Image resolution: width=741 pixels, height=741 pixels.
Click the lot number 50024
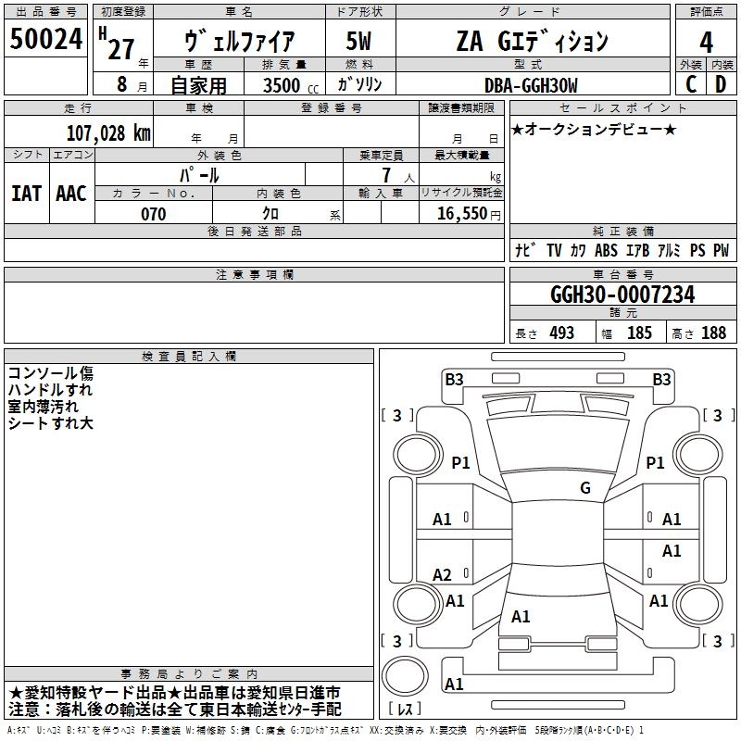click(46, 40)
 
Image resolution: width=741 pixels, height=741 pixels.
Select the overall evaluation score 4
click(707, 42)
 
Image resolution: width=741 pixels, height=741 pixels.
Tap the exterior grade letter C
click(691, 84)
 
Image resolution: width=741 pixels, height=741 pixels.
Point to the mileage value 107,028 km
click(108, 132)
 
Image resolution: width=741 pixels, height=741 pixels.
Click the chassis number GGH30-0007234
click(622, 295)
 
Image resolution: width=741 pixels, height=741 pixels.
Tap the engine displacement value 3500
click(281, 85)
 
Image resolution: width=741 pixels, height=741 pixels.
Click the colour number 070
click(153, 214)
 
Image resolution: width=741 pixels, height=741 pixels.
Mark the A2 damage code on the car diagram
click(443, 575)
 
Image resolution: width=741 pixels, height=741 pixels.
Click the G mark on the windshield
click(585, 488)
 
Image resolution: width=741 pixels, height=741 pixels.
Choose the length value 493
click(561, 333)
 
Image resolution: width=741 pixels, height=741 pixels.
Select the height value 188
click(713, 333)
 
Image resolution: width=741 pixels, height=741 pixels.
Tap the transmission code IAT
click(26, 194)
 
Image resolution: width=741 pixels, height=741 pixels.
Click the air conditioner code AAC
click(70, 194)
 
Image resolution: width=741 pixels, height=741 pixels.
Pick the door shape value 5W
click(358, 42)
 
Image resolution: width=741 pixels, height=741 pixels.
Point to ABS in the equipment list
click(606, 250)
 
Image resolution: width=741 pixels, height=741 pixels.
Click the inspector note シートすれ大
click(51, 423)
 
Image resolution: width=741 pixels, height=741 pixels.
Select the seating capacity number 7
click(386, 174)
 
